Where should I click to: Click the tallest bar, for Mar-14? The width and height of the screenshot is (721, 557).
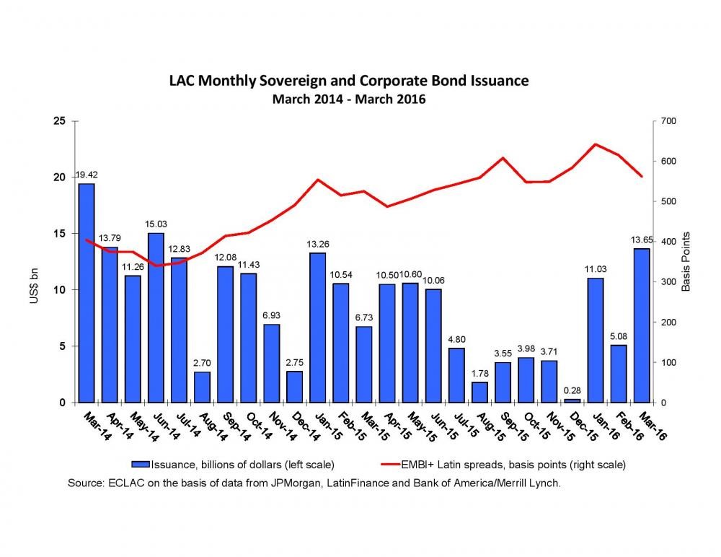click(87, 292)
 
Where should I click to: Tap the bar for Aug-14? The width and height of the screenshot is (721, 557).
click(202, 387)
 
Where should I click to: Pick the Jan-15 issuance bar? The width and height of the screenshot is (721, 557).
click(317, 328)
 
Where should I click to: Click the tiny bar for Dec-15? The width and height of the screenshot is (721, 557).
click(572, 400)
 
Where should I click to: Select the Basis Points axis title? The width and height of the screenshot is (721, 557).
click(686, 261)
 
